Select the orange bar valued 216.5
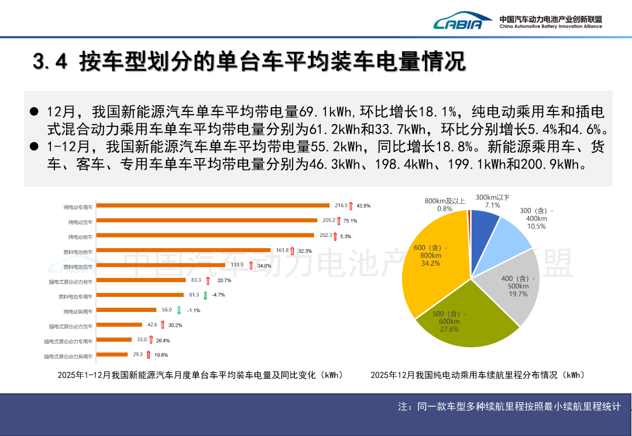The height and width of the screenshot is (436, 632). click(x=213, y=205)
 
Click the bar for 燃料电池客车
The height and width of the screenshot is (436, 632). click(x=183, y=250)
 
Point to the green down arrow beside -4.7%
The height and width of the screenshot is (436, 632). click(x=205, y=295)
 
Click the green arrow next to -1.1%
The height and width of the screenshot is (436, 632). click(x=180, y=310)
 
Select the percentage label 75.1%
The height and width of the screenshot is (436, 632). click(x=350, y=221)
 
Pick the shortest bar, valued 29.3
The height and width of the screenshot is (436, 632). click(x=112, y=355)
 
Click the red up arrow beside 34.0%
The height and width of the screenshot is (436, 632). click(x=251, y=266)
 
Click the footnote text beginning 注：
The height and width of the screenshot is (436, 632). click(x=509, y=407)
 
